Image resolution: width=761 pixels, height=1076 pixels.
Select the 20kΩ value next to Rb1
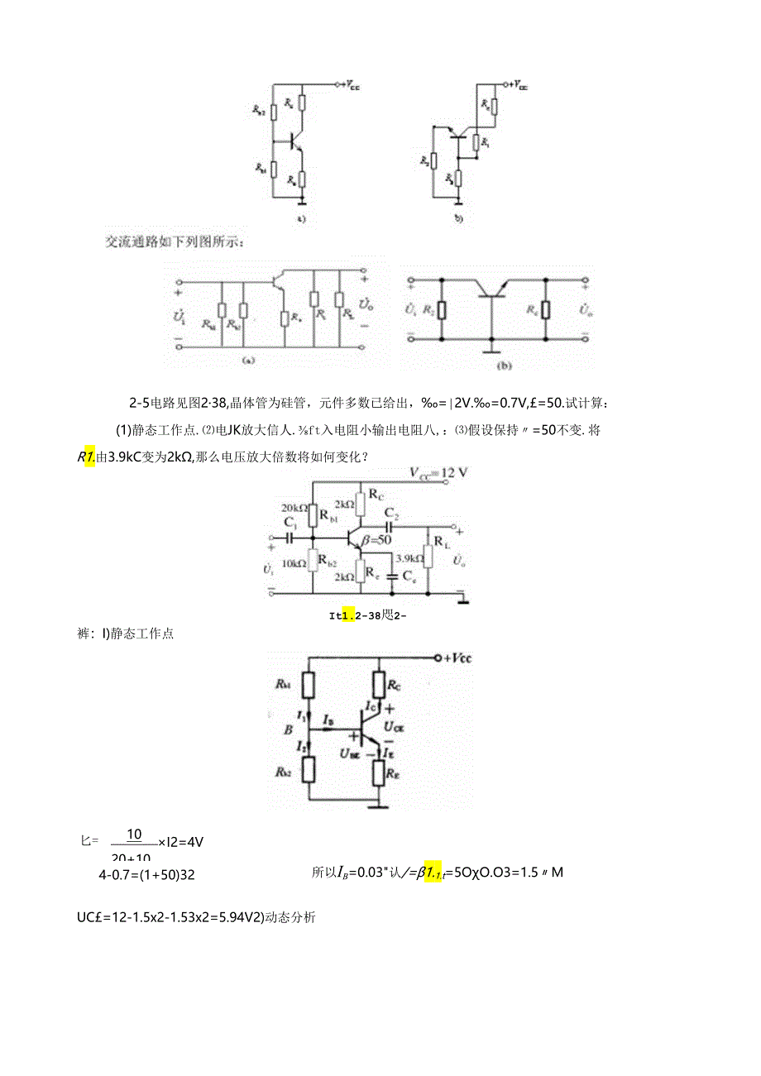(294, 507)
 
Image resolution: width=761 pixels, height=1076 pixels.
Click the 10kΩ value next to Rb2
(294, 563)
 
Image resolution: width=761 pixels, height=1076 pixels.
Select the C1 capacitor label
(290, 522)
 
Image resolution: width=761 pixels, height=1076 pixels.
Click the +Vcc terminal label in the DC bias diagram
(456, 658)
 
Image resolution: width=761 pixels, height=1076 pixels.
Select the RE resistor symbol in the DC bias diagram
(380, 773)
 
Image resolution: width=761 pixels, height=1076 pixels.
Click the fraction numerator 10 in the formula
(134, 834)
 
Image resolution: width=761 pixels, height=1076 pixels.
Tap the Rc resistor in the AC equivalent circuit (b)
(546, 310)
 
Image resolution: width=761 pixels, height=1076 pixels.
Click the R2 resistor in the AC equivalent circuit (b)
(442, 311)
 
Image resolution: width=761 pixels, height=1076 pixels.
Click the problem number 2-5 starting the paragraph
(139, 404)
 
